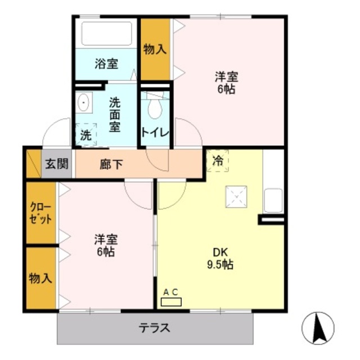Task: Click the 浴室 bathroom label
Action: [x=106, y=64]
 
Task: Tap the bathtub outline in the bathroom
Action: [x=106, y=33]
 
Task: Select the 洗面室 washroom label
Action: [x=115, y=114]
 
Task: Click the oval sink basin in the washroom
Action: [x=84, y=103]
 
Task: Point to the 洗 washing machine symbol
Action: [x=85, y=134]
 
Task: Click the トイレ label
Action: [x=155, y=133]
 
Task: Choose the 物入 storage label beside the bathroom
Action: [x=155, y=49]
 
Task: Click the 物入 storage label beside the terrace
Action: [x=40, y=278]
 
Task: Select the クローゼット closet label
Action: [x=40, y=213]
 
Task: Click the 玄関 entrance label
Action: [x=57, y=164]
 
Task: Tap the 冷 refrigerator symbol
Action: [x=218, y=161]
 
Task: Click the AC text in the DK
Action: [x=170, y=291]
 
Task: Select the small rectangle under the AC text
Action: [x=171, y=302]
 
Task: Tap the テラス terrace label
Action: [x=155, y=328]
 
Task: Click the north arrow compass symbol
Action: [x=318, y=327]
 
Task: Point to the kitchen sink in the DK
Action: [x=273, y=201]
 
